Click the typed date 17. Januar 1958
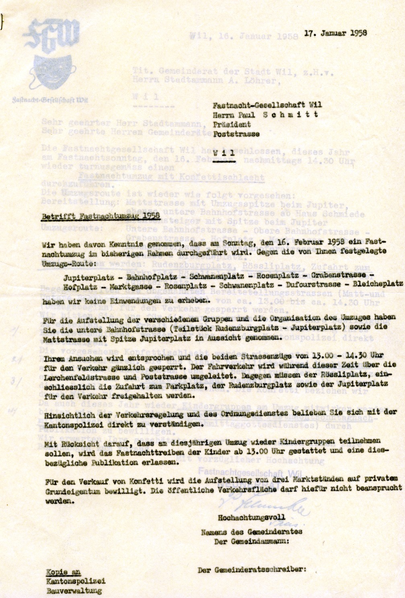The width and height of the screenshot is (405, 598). (x=335, y=33)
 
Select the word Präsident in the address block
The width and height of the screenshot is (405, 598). (x=232, y=124)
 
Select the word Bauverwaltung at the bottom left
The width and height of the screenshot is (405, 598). (x=74, y=591)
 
